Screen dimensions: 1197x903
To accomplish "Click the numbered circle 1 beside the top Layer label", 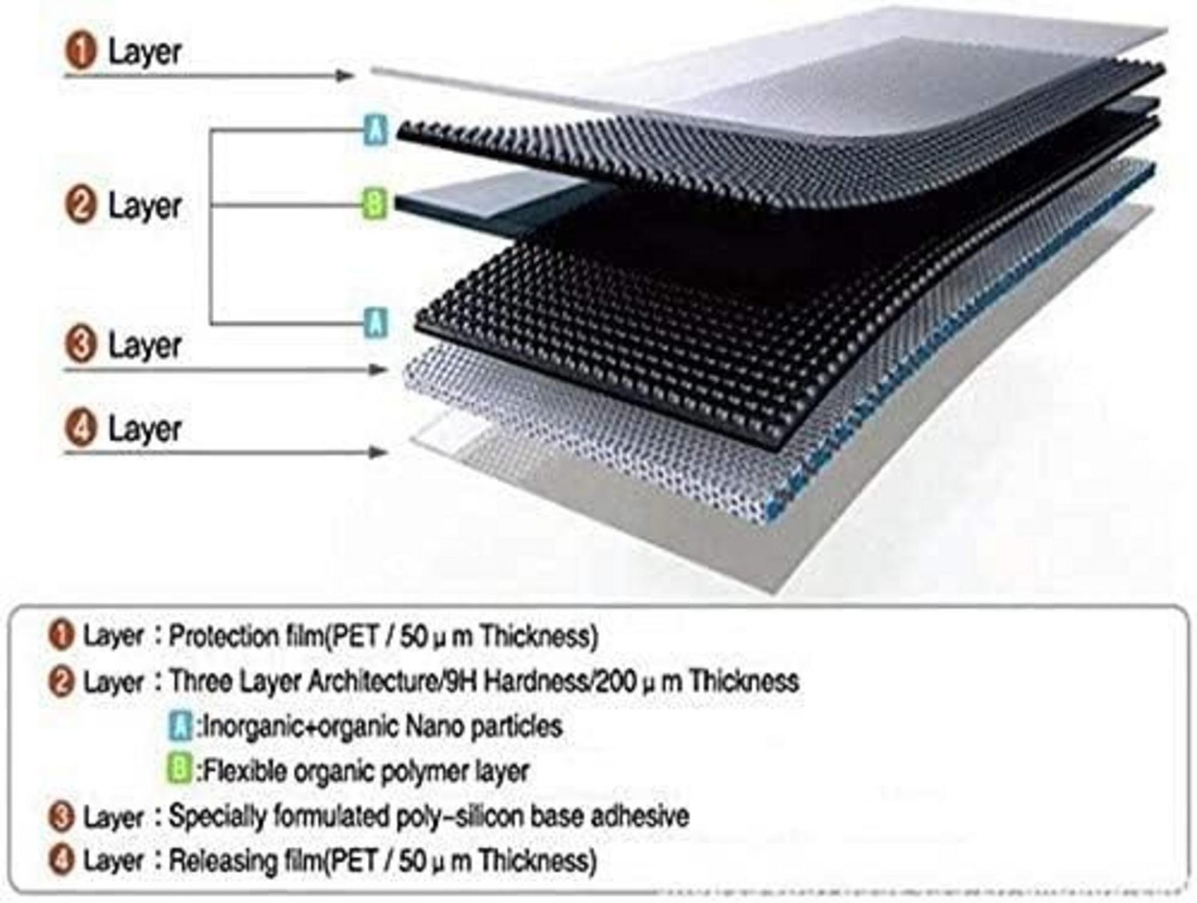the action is pyautogui.click(x=81, y=51).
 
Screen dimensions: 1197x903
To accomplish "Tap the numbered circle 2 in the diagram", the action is pyautogui.click(x=81, y=205).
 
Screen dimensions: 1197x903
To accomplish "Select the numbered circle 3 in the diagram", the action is pyautogui.click(x=81, y=344).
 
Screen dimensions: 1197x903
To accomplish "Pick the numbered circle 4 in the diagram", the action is pyautogui.click(x=81, y=429).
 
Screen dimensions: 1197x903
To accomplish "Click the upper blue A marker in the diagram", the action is pyautogui.click(x=376, y=130).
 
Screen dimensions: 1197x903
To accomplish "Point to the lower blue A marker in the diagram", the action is pyautogui.click(x=376, y=322).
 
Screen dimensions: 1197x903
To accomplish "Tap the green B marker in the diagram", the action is pyautogui.click(x=376, y=204).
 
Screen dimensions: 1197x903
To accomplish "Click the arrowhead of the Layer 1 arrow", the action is pyautogui.click(x=345, y=76).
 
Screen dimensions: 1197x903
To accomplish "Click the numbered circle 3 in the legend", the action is pyautogui.click(x=60, y=817).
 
